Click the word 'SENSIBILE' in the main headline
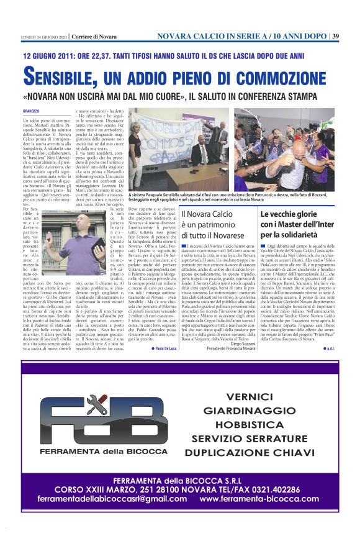pos(63,78)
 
